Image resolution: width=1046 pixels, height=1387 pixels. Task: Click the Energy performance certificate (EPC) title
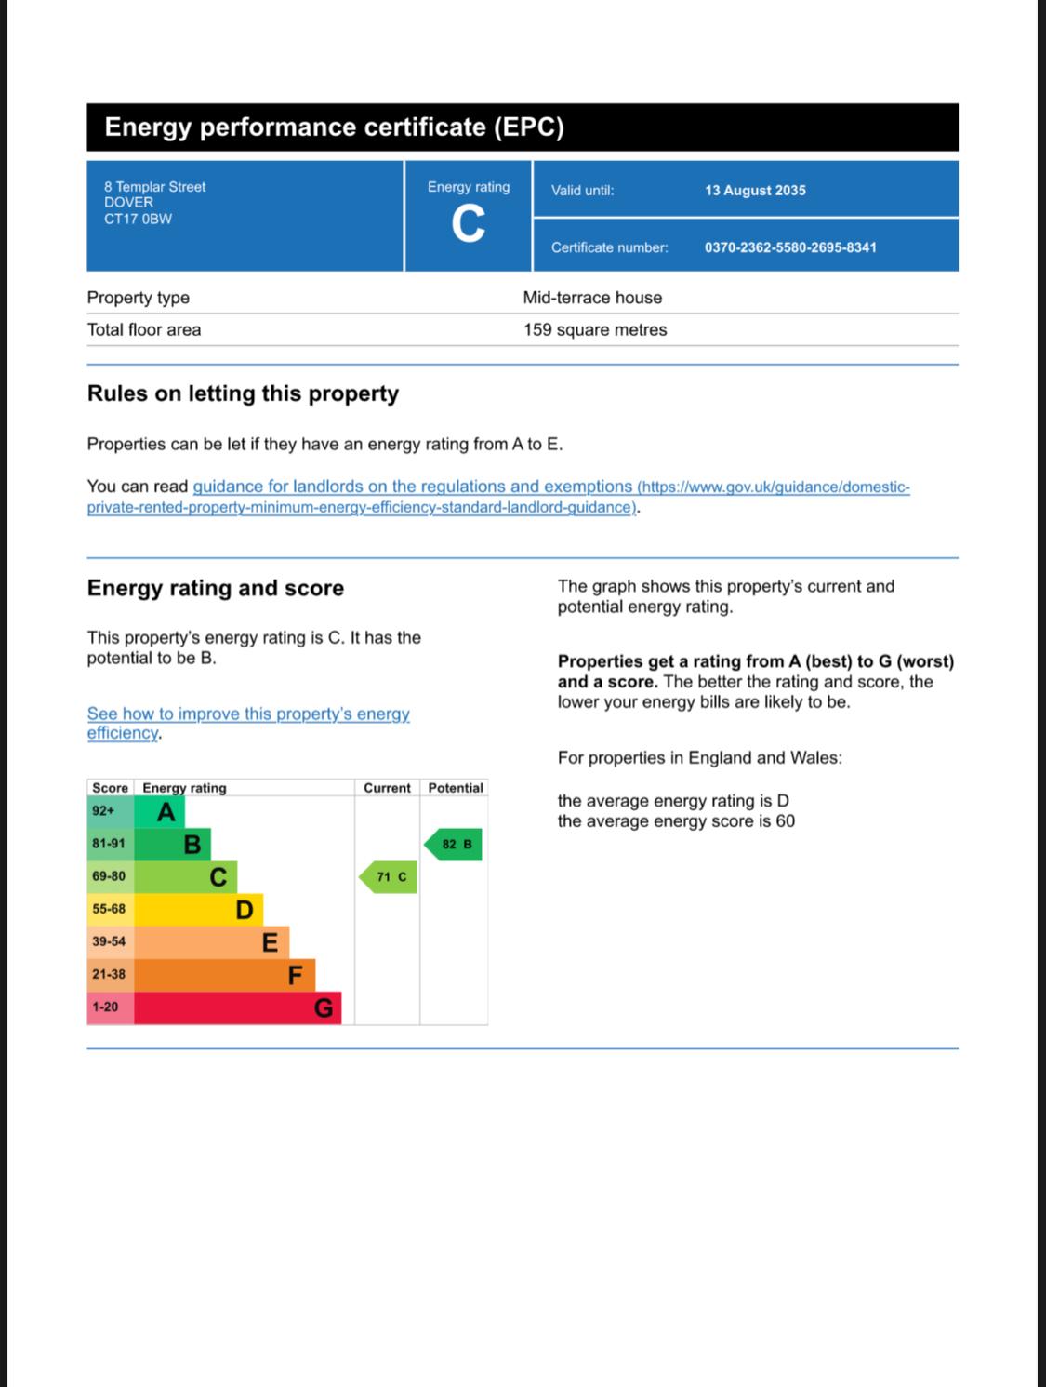[x=334, y=127]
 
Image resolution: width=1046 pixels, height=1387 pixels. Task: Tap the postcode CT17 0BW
[x=138, y=220]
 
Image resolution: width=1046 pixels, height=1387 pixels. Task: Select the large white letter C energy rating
[x=468, y=224]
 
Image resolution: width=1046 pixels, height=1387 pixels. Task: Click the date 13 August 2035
[x=755, y=191]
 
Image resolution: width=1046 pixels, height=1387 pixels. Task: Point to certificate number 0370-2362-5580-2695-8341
[x=790, y=247]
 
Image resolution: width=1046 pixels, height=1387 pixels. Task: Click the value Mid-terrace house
[x=592, y=298]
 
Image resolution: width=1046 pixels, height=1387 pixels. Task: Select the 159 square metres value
[x=595, y=329]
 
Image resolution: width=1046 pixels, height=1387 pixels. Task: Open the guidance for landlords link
[x=412, y=487]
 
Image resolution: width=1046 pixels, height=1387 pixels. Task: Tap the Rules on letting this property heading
[x=243, y=393]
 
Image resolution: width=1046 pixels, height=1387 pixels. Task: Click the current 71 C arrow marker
[x=390, y=877]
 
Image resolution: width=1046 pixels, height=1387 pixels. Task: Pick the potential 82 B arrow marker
[x=455, y=845]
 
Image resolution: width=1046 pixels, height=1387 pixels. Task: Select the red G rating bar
[x=237, y=1007]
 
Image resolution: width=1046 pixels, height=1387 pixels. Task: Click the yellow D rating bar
[x=198, y=909]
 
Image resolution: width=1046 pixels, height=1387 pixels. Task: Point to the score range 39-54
[x=109, y=941]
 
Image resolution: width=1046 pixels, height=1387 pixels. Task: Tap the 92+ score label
[x=103, y=811]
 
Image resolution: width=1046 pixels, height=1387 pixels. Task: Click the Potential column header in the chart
[x=456, y=788]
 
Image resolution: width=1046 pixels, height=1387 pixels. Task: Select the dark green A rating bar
[x=160, y=812]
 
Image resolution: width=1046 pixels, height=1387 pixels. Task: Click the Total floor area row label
[x=144, y=329]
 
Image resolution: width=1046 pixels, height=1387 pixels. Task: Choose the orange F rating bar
[x=224, y=975]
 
